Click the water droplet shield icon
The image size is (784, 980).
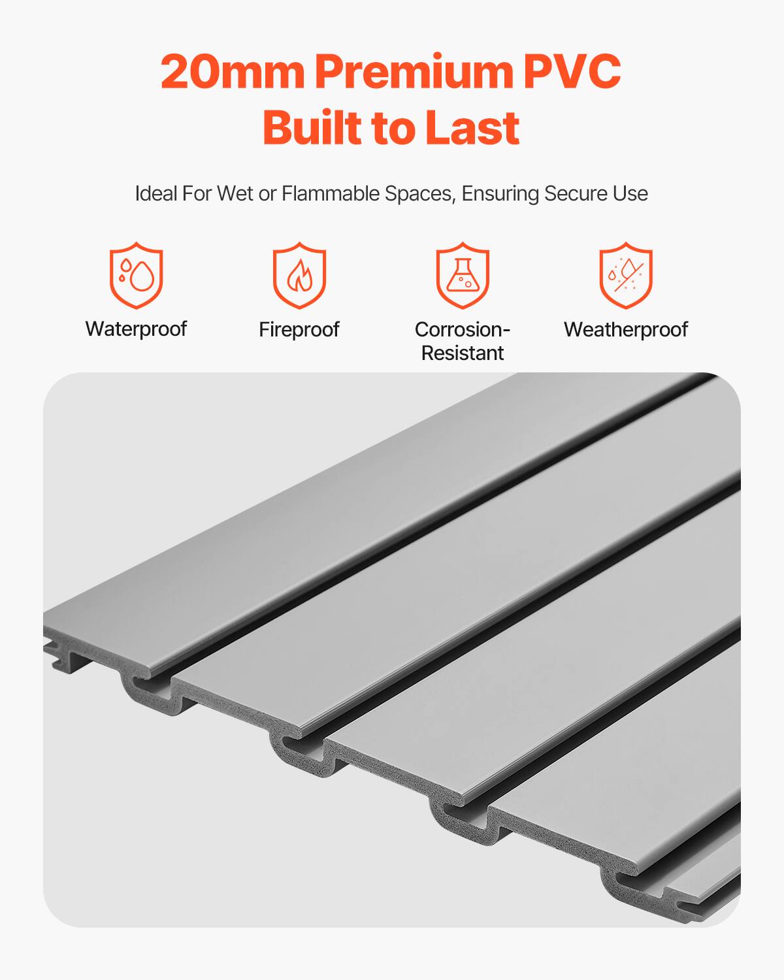(x=136, y=274)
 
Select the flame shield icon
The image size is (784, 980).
(x=299, y=274)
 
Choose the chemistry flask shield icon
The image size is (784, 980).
(x=463, y=274)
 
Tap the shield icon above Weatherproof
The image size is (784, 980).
(x=626, y=274)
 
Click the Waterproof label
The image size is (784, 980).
(x=136, y=329)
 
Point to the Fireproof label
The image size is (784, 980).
(x=299, y=329)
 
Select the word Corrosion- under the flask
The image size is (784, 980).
(x=463, y=329)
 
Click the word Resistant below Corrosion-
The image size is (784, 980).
(x=463, y=353)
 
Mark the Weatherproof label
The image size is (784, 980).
(x=626, y=329)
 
